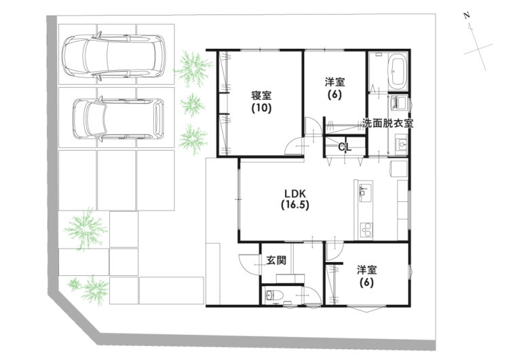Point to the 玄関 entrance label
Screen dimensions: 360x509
(276, 260)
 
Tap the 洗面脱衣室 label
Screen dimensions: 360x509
(388, 124)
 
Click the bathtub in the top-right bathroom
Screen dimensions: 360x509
(398, 71)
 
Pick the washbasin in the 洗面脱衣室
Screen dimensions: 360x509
(400, 145)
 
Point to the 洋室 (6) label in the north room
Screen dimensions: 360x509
(335, 88)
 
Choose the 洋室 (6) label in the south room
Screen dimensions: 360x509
(367, 275)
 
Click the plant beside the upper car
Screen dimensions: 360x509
(193, 69)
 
